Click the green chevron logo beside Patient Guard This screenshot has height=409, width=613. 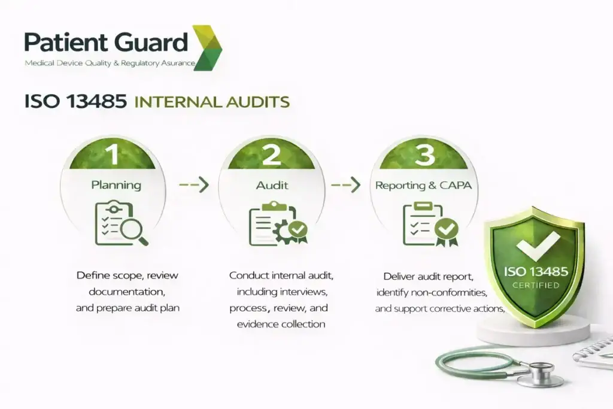pos(207,47)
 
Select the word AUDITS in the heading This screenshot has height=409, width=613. pos(259,102)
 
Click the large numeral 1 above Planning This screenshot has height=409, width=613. pos(112,154)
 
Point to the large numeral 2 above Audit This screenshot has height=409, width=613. pos(271,154)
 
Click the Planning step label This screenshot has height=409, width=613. pos(116,185)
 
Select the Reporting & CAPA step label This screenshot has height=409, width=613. pos(423,185)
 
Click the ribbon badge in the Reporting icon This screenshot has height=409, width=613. pos(447,231)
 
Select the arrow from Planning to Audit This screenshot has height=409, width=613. pos(193,185)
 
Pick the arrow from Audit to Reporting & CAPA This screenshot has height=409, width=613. pos(346,185)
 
